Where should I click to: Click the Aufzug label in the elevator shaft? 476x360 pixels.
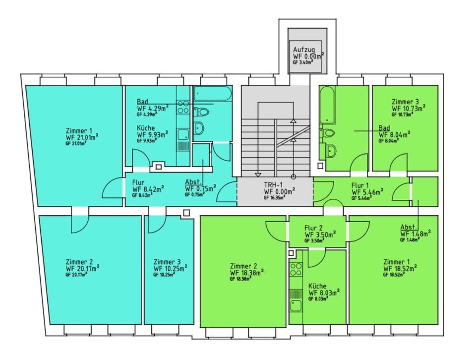point(303,50)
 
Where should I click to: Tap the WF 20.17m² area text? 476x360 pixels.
point(82,269)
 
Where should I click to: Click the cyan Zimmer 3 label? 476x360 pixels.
point(167,262)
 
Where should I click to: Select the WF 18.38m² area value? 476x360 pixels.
point(246,272)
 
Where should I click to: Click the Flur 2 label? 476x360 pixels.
point(313,228)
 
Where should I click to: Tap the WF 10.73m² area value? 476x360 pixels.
point(408,108)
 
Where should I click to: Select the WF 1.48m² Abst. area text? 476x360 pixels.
point(416,234)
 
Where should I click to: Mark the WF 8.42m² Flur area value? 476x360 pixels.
point(148,189)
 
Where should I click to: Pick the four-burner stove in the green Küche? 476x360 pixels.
point(296,270)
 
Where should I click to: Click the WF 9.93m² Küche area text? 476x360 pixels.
point(152,134)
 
